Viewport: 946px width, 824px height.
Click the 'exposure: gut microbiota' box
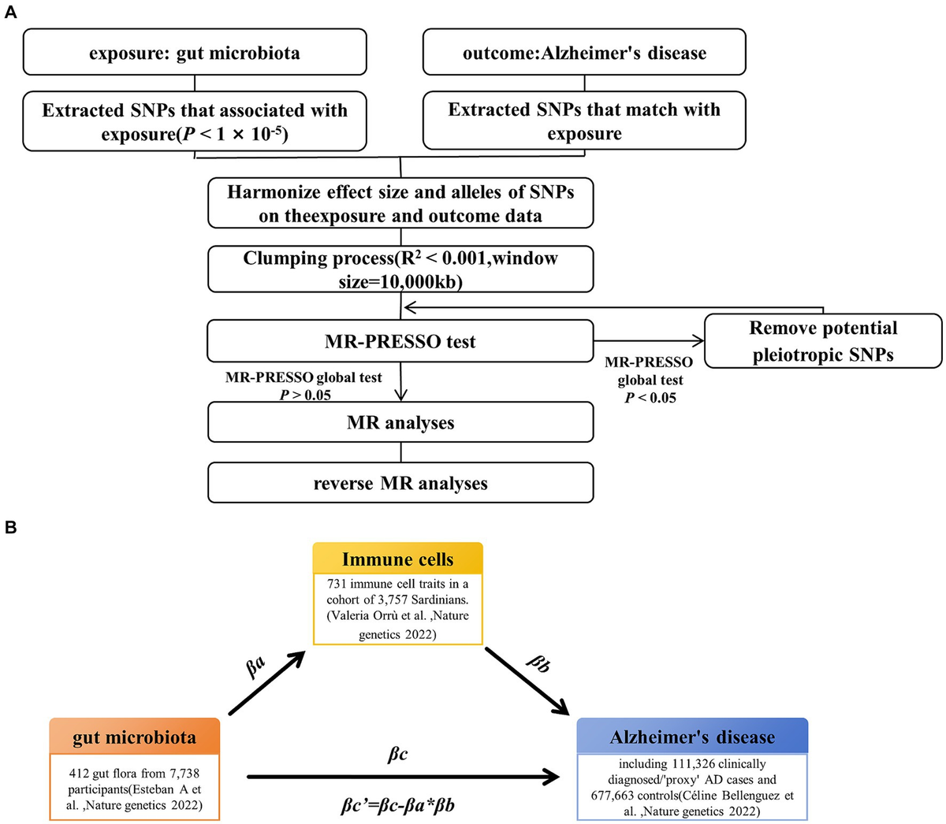click(195, 54)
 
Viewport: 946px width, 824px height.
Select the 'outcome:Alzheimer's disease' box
click(584, 54)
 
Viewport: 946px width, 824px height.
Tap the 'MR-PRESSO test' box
click(400, 342)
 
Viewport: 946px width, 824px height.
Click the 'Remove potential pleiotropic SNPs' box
click(823, 341)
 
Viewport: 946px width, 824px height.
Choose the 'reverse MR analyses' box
click(400, 483)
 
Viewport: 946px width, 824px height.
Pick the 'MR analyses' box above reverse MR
click(400, 423)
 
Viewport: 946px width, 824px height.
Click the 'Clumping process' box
click(400, 269)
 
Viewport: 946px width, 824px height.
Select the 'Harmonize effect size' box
click(400, 204)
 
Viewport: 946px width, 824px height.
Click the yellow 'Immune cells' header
click(398, 559)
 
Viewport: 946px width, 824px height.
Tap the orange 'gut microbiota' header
click(134, 737)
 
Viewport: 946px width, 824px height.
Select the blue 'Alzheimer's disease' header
click(692, 737)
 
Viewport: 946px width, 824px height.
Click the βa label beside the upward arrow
click(257, 668)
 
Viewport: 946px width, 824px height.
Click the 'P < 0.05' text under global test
click(650, 398)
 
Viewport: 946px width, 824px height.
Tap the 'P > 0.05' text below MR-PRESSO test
click(305, 395)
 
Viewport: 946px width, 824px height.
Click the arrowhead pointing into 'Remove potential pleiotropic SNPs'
click(699, 341)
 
